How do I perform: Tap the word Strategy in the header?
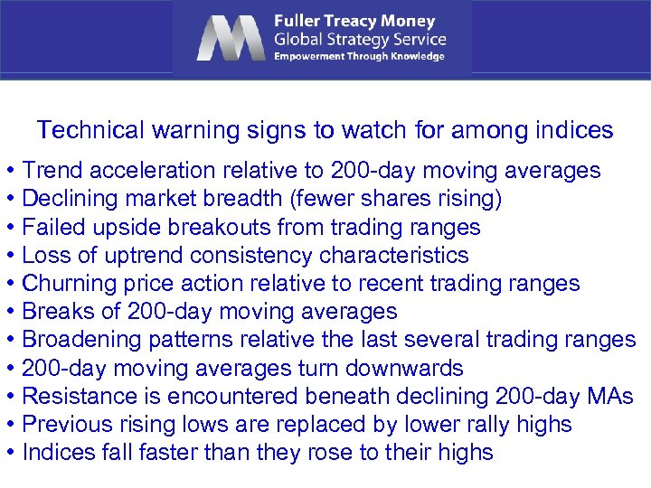pos(363,39)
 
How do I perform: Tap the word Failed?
pos(49,227)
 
